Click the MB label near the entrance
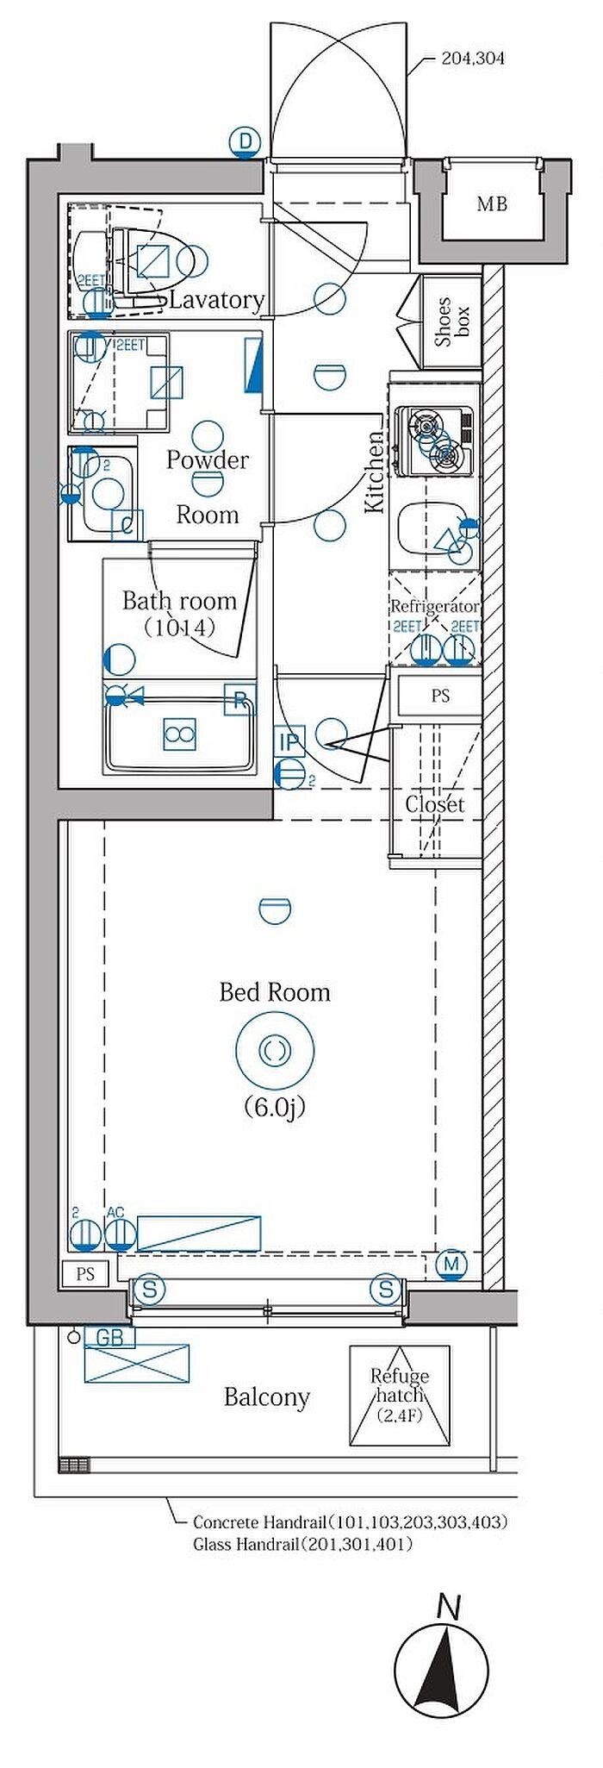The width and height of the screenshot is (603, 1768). click(x=493, y=204)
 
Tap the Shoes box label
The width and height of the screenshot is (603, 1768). click(x=451, y=322)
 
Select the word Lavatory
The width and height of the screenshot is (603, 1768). click(x=216, y=300)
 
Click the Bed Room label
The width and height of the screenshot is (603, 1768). click(x=275, y=992)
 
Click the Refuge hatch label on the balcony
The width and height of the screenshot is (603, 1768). click(x=400, y=1385)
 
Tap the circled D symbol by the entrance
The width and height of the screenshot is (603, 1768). click(x=246, y=142)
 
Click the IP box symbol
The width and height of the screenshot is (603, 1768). click(x=290, y=740)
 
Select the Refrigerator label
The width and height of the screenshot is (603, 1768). click(x=435, y=606)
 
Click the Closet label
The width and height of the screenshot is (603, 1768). click(x=435, y=804)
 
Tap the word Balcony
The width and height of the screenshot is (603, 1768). click(x=267, y=1396)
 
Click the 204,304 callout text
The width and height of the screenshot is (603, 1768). click(x=472, y=59)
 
